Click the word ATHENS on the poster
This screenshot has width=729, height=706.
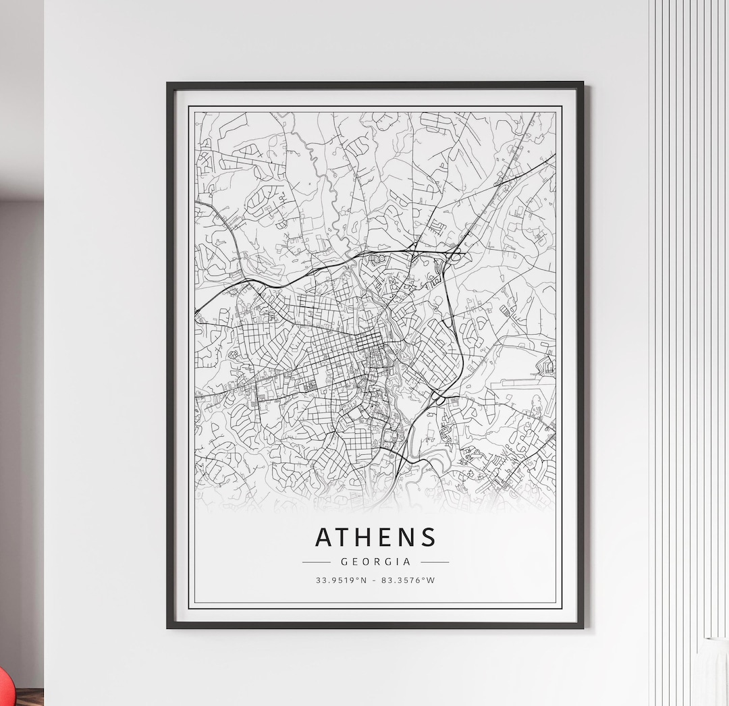(375, 537)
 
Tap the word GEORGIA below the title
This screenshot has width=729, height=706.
(375, 562)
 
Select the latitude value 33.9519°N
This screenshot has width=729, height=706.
(341, 580)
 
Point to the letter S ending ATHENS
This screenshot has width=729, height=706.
(429, 537)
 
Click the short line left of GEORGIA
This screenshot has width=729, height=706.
(316, 562)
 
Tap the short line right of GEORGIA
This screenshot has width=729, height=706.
(435, 562)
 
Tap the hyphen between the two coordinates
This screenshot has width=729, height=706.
(375, 580)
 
